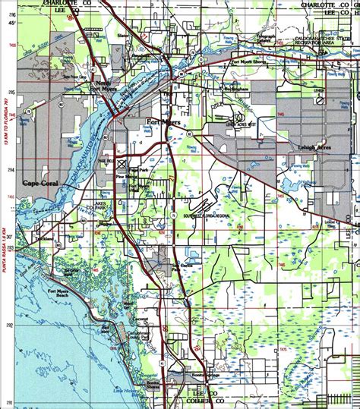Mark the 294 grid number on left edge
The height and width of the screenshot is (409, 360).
pyautogui.click(x=11, y=171)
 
